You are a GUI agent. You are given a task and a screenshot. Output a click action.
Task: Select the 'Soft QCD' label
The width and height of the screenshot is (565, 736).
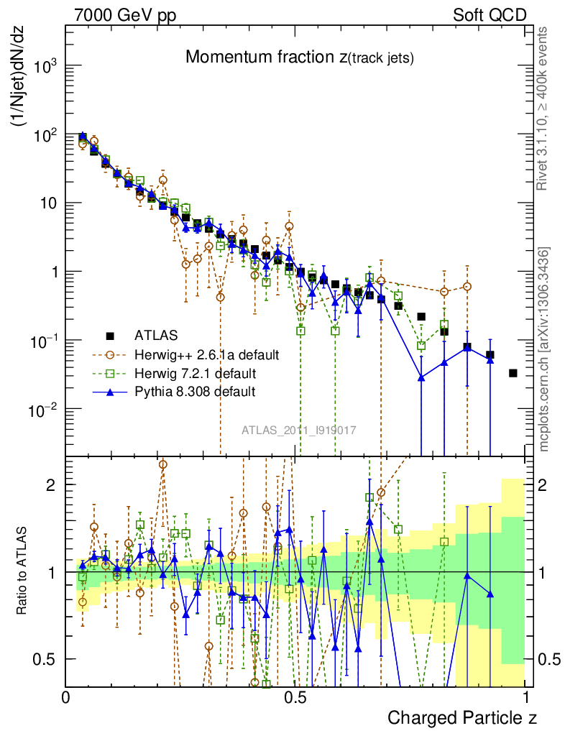[x=490, y=14]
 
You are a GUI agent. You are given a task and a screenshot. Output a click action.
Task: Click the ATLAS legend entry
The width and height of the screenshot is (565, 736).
[x=155, y=335]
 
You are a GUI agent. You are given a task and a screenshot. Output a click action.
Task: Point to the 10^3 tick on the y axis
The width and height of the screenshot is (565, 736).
[x=45, y=66]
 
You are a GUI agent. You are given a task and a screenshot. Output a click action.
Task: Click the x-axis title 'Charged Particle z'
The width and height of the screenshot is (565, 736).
[x=462, y=717]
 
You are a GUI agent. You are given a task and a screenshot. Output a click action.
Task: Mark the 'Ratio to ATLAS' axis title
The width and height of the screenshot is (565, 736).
[x=22, y=572]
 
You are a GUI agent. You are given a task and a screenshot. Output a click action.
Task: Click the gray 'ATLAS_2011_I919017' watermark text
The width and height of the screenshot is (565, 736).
[x=299, y=430]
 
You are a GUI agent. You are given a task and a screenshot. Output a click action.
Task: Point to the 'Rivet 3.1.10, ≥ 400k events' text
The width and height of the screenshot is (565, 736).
[x=543, y=109]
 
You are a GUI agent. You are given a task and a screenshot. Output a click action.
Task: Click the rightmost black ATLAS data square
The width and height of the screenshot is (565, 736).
[x=513, y=373]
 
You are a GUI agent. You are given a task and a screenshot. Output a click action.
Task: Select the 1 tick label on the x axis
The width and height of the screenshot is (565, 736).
[x=526, y=696]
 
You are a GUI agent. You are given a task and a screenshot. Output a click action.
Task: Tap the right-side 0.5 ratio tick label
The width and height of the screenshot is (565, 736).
[x=550, y=659]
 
